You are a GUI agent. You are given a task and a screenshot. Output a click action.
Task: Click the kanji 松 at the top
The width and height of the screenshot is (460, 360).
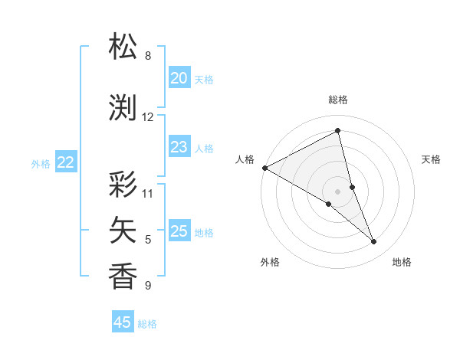[123, 47]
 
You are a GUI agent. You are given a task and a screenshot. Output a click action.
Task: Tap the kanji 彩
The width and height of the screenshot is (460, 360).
[123, 185]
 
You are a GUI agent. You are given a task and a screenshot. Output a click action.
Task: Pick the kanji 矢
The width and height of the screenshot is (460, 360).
[123, 229]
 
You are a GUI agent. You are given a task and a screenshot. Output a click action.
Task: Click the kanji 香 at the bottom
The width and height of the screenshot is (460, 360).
[123, 276]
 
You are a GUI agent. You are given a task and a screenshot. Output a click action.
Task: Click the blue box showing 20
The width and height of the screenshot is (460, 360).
[179, 78]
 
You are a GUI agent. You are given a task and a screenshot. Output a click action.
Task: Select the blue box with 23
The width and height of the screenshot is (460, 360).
[179, 147]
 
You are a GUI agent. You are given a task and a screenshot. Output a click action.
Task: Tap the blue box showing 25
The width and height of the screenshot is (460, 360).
[179, 231]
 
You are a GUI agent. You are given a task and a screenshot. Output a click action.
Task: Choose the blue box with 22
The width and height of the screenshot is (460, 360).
[65, 162]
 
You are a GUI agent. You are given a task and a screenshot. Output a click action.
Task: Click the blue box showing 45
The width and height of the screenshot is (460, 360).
[123, 322]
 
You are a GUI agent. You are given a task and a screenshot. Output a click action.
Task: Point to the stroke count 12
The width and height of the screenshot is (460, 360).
[148, 117]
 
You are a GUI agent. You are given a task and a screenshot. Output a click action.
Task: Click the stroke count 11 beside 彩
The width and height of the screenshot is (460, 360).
[148, 194]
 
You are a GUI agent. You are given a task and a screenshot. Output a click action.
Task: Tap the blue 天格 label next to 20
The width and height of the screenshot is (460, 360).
[204, 79]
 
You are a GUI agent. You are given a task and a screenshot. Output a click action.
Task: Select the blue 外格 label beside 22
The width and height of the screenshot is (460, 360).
[41, 163]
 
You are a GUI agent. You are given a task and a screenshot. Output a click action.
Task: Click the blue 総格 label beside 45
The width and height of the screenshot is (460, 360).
[147, 324]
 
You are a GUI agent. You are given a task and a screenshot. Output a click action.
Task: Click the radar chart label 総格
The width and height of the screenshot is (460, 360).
[337, 100]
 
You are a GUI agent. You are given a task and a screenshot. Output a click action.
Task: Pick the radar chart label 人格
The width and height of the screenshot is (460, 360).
[245, 159]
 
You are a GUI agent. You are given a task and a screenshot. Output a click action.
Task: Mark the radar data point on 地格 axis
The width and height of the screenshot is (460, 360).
[374, 242]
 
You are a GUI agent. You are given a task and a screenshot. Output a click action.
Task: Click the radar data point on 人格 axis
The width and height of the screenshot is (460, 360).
[264, 168]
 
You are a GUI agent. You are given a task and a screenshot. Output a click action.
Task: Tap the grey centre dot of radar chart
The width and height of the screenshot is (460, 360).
[337, 191]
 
